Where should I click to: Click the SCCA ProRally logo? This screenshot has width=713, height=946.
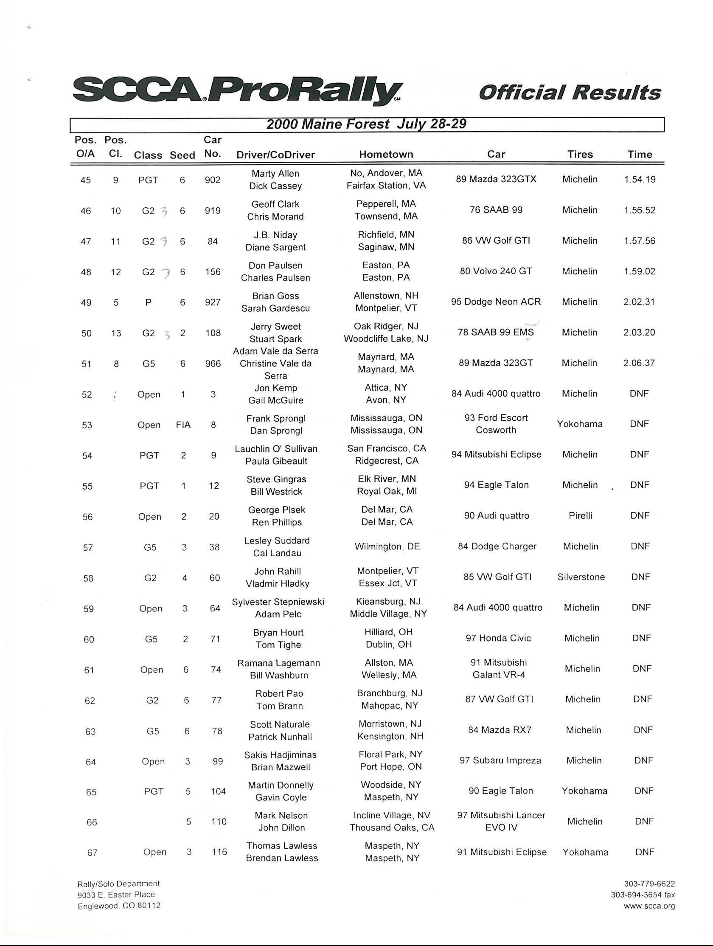(237, 90)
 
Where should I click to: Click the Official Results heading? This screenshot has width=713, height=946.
(570, 93)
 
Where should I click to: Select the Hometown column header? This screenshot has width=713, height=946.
(386, 155)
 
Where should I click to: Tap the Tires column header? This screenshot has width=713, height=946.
(580, 155)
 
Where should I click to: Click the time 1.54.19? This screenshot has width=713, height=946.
(640, 180)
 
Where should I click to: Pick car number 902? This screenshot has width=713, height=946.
(213, 180)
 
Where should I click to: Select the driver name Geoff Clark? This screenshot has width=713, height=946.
(275, 204)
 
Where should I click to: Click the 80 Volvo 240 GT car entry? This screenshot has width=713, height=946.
(496, 271)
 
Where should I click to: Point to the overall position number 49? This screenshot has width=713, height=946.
(86, 303)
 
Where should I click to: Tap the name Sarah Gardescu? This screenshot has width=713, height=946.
(275, 309)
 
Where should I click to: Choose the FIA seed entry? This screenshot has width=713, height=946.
(183, 425)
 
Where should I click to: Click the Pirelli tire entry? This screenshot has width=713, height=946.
(580, 516)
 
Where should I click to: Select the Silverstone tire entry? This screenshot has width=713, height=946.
(581, 577)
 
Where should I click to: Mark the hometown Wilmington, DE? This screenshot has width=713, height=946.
(387, 546)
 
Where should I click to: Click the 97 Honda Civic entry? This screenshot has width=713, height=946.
(498, 638)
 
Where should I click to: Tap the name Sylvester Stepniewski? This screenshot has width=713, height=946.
(278, 602)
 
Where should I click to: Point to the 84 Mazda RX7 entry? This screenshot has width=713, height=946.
(499, 730)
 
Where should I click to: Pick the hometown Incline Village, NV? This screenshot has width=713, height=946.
(392, 816)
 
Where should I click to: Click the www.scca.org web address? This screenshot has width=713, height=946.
(649, 905)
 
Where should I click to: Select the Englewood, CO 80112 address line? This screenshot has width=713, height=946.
(119, 905)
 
